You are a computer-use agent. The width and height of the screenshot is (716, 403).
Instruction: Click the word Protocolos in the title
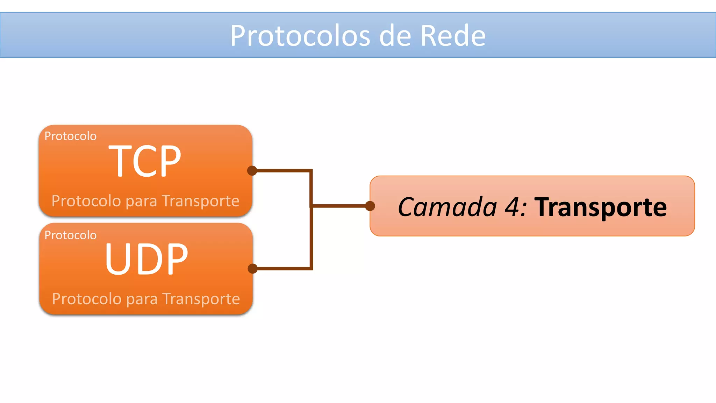pos(300,36)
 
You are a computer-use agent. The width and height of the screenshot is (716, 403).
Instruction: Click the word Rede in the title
pos(453,36)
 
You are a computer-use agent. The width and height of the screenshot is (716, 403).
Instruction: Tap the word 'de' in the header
pos(395,36)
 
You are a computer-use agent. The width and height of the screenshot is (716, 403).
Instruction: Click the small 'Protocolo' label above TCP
pos(70,136)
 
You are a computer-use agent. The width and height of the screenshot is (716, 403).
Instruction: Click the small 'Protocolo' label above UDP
pos(70,235)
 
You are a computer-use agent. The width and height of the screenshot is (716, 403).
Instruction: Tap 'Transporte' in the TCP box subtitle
pos(201,201)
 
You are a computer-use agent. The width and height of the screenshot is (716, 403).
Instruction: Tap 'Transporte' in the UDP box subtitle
pos(201,299)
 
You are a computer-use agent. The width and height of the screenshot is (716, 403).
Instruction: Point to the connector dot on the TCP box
pos(252,171)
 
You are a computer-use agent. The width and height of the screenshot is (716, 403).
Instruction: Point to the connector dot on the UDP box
pos(252,269)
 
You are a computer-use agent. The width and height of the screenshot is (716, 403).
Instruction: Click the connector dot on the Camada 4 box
pos(370,206)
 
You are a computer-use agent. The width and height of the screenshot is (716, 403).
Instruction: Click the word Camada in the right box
pos(447,207)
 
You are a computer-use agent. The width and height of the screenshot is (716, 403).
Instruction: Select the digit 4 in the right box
pos(513,207)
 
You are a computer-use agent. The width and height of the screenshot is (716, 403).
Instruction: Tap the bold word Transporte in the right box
pos(601,207)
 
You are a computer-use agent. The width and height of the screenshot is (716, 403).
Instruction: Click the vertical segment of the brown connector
pos(311,238)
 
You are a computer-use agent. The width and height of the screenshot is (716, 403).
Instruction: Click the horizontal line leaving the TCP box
pos(283,171)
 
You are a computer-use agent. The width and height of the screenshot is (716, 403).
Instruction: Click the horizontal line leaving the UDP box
pos(283,269)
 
